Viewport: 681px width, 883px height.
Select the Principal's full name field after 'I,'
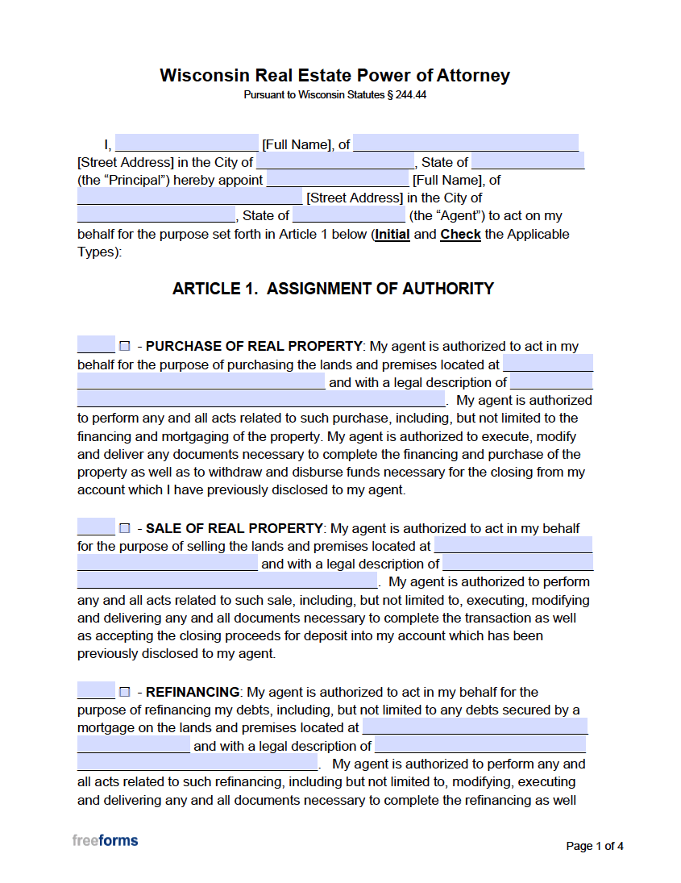pyautogui.click(x=186, y=144)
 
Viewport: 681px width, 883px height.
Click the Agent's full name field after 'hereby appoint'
pyautogui.click(x=338, y=180)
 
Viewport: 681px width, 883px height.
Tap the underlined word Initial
pyautogui.click(x=392, y=235)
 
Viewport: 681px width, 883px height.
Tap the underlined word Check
pyautogui.click(x=460, y=235)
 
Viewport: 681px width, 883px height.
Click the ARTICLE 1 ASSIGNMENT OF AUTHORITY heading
pyautogui.click(x=333, y=289)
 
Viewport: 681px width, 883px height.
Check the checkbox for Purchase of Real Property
pyautogui.click(x=125, y=347)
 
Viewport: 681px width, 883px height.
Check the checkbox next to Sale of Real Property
pyautogui.click(x=125, y=529)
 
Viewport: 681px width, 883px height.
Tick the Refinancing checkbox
pyautogui.click(x=125, y=692)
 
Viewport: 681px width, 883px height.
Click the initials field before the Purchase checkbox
pyautogui.click(x=96, y=346)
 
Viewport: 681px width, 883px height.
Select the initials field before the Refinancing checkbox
pyautogui.click(x=96, y=691)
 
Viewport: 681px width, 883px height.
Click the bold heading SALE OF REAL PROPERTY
pyautogui.click(x=234, y=529)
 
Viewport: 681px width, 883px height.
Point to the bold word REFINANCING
pyautogui.click(x=193, y=692)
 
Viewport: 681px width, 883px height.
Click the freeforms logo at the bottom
pyautogui.click(x=105, y=840)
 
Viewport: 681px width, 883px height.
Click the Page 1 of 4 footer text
pyautogui.click(x=595, y=846)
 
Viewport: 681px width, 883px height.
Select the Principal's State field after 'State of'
pyautogui.click(x=528, y=162)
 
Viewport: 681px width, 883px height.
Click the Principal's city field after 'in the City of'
pyautogui.click(x=334, y=162)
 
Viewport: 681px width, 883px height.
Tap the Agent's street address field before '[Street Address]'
pyautogui.click(x=189, y=198)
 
